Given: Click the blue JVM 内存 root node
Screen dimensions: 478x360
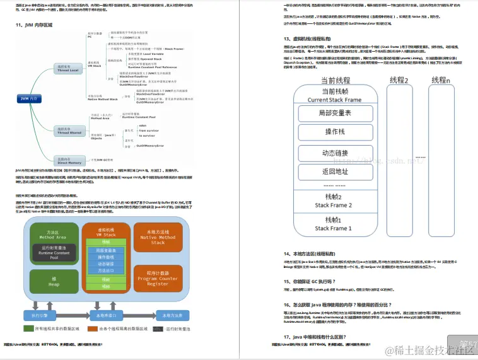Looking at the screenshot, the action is [x=28, y=99].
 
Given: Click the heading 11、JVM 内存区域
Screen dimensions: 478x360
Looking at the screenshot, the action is [x=40, y=25].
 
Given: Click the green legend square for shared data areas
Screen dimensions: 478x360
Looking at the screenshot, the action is [x=28, y=328].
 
